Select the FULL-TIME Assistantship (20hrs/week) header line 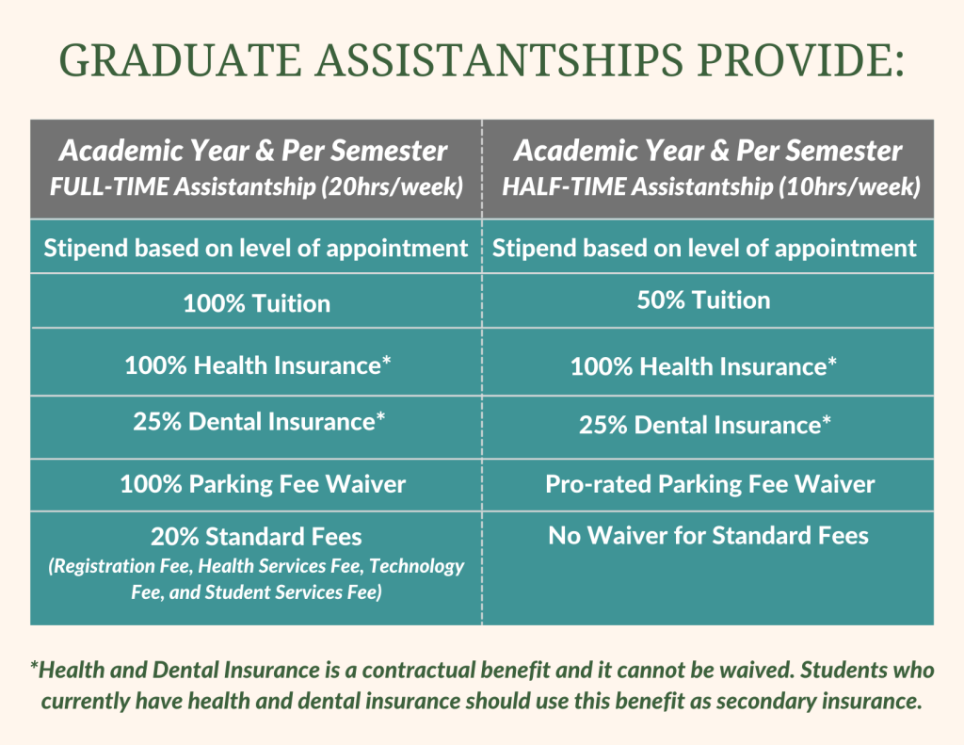pos(256,186)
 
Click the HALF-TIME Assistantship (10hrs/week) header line pos(712,186)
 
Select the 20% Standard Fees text pos(256,537)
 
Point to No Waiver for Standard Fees pos(708,535)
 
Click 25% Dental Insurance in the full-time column pos(259,422)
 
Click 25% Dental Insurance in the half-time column pos(704,425)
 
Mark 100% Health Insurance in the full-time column pos(258,365)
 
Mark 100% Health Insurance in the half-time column pos(703,366)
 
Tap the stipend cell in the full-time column pos(256,249)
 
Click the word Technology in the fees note pos(416,566)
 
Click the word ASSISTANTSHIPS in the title pos(499,60)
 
